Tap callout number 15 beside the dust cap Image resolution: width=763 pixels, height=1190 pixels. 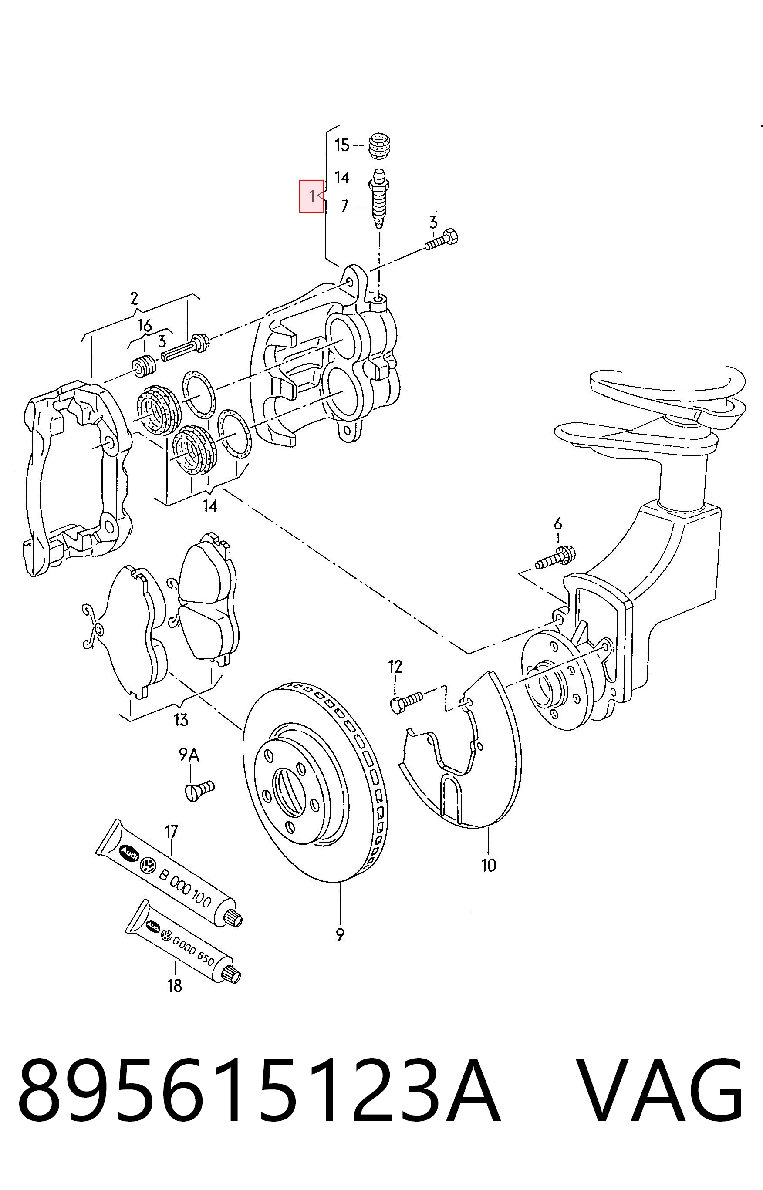pos(342,145)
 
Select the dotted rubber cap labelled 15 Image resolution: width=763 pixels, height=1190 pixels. pos(381,146)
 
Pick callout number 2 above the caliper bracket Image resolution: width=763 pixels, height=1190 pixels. pos(134,299)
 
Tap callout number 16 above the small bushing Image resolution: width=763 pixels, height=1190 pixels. pos(144,325)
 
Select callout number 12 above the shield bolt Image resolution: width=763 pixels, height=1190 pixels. pos(395,667)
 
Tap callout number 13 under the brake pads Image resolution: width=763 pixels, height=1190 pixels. pos(181,720)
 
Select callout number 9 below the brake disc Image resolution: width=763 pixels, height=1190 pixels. pos(340,935)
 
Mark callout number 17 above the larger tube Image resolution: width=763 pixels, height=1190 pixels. pos(171,832)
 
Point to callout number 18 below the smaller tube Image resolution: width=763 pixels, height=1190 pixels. pos(174,985)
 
